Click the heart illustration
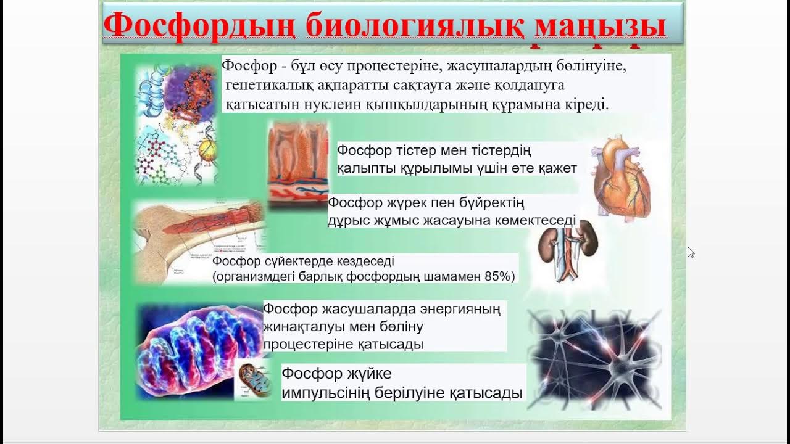point(621,178)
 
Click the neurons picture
point(594,360)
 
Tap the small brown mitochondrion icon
point(253,379)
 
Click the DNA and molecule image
point(176,123)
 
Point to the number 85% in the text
point(499,277)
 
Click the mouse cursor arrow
point(690,252)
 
